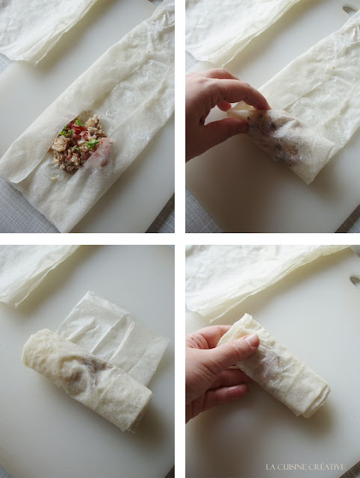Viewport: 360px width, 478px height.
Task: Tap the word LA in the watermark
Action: click(x=270, y=467)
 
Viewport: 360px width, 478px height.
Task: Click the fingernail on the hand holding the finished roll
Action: click(x=252, y=341)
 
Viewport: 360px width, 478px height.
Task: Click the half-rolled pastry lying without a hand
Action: click(x=87, y=379)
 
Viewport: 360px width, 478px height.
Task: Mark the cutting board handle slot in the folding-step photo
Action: click(x=350, y=10)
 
